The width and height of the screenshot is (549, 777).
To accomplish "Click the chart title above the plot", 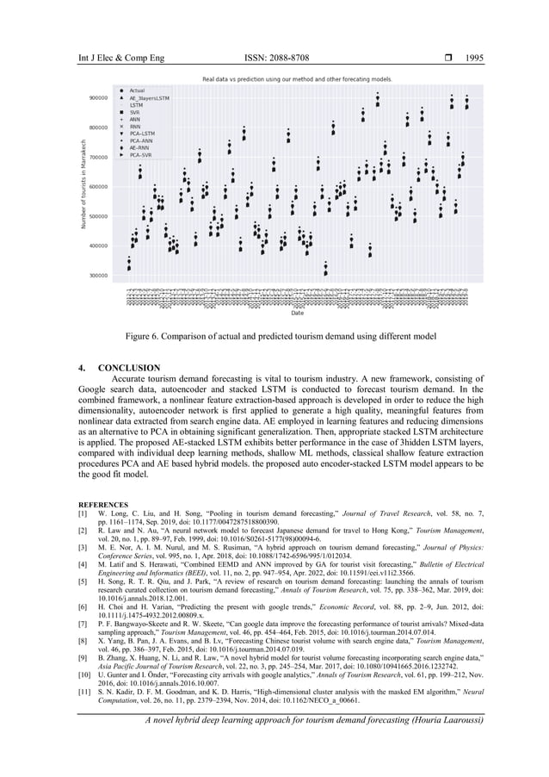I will click(x=296, y=78).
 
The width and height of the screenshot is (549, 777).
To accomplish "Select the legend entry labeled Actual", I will click(x=136, y=90).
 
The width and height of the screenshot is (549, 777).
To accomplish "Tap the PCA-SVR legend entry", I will click(x=141, y=156).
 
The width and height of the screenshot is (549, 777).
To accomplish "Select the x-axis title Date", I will click(x=297, y=313).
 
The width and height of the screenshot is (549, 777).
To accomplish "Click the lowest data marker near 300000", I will click(x=325, y=273).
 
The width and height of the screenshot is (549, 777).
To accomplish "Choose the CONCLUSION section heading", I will click(x=130, y=368).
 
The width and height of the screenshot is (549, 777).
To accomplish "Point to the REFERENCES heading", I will click(x=103, y=504).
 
